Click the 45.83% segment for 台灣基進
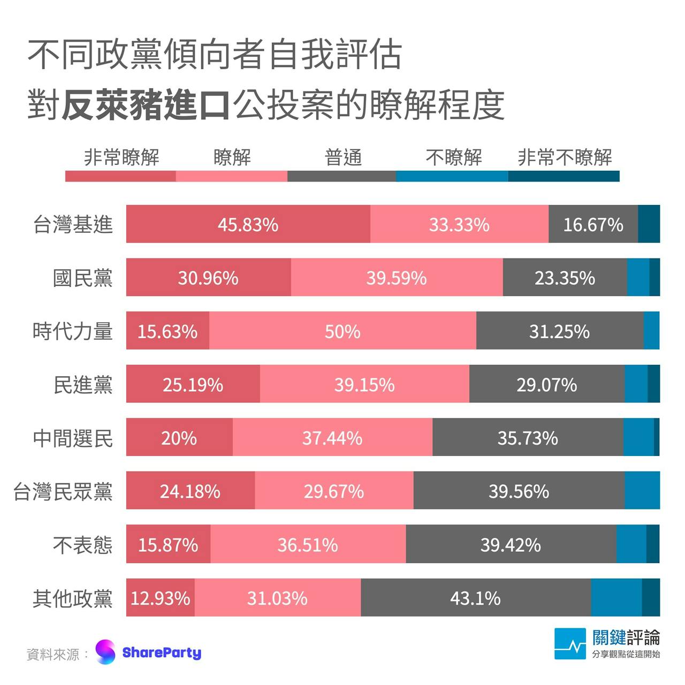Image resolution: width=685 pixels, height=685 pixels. pos(248,224)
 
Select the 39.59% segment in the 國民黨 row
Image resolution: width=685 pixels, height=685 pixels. pos(397,277)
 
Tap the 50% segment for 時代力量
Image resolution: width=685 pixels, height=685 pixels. pos(342,331)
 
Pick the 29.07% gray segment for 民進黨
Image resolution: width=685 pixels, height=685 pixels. pos(546,384)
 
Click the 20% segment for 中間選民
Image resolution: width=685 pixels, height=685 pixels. pos(179,438)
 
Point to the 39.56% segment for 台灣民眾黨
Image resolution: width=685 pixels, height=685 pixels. pos(519,491)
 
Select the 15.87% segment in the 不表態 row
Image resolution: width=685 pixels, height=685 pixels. pos(168,544)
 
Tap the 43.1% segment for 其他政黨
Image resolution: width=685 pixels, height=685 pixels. pos(475,597)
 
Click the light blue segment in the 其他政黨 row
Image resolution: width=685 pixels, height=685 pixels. pos(616,597)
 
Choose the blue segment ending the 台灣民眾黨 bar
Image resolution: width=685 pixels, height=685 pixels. pos(642,491)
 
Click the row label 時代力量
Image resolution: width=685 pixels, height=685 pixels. pos(73,331)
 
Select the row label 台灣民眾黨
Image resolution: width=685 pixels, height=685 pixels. pos(63,491)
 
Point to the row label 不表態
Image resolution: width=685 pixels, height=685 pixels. pos(83,545)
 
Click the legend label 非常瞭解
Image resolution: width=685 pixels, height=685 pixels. pos(121,157)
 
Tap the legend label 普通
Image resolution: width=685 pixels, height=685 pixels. pos(343,157)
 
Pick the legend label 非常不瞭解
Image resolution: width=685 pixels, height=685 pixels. pos(565,157)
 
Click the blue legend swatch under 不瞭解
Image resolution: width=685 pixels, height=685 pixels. pos(452,176)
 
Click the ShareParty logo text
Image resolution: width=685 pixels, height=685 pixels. pos(162,652)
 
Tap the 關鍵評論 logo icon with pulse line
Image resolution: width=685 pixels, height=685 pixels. pos(570,644)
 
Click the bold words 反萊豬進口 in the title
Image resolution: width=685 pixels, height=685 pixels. pos(146,105)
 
